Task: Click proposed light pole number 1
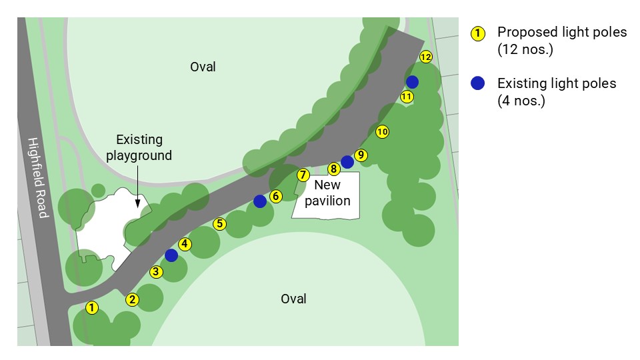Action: point(92,307)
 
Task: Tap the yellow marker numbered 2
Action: point(133,299)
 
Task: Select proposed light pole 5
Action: point(156,271)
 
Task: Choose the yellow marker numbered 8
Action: point(334,169)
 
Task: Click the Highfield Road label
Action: point(38,177)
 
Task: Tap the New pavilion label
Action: point(327,193)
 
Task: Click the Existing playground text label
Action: point(139,147)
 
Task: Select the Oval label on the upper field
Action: point(203,67)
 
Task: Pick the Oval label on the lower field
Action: point(293,298)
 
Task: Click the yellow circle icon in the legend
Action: point(477,33)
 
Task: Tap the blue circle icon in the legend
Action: point(477,84)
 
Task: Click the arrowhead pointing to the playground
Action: point(138,204)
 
